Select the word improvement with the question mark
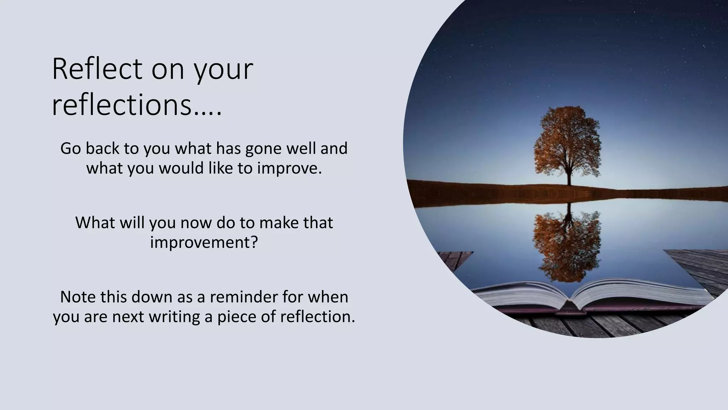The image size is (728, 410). (x=203, y=242)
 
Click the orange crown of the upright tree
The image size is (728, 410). (x=568, y=142)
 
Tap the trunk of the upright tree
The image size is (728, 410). (x=569, y=178)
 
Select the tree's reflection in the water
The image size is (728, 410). (x=568, y=242)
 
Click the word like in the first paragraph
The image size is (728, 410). (x=220, y=168)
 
